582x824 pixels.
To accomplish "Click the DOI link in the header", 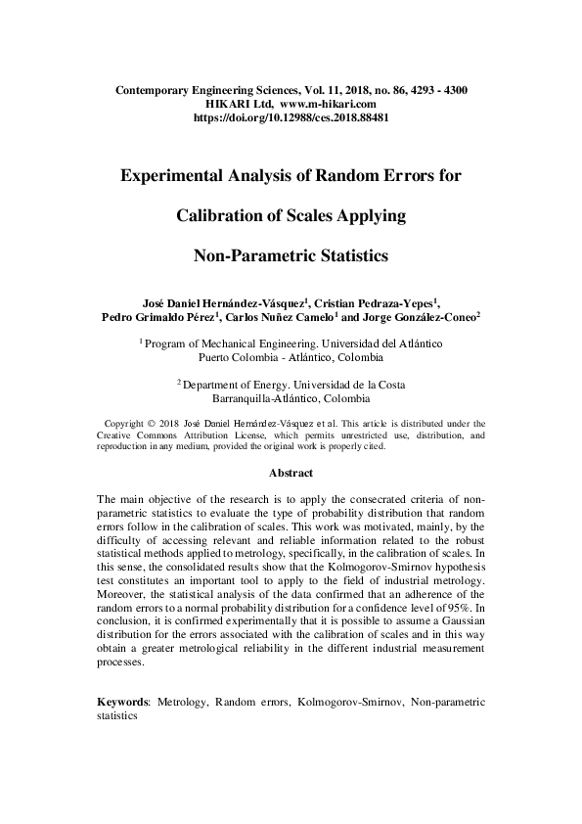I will [291, 115].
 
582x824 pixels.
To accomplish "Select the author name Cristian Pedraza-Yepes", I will [379, 303].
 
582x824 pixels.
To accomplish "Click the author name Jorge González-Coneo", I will [424, 317].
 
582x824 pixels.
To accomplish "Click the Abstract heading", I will [291, 473].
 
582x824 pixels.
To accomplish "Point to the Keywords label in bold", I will [122, 702].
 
